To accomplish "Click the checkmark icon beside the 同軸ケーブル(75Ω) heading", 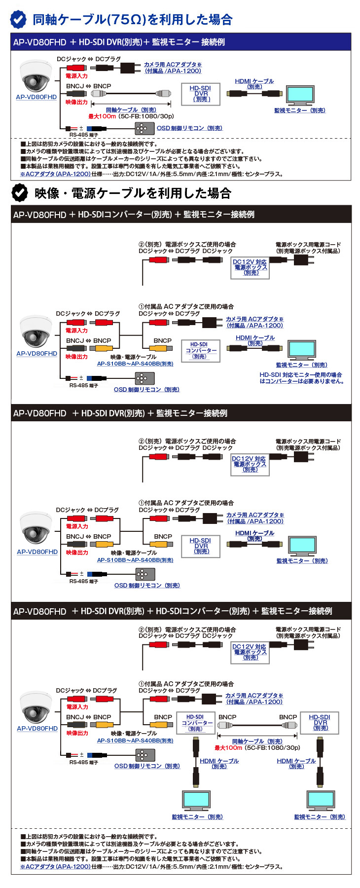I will [x=19, y=19].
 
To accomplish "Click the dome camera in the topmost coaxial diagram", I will [x=36, y=76].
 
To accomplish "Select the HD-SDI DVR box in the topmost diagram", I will [x=201, y=94].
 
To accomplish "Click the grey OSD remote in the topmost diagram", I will [x=142, y=128].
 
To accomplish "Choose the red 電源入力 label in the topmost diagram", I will [x=76, y=76].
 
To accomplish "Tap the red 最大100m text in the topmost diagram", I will [x=102, y=116].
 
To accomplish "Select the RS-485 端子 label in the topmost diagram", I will [x=83, y=135].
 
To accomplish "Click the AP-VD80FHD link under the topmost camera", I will [x=36, y=97].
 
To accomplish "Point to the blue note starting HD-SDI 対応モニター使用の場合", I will [x=301, y=378].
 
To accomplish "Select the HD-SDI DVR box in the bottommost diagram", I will [x=320, y=722].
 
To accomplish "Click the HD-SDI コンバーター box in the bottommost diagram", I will [x=196, y=722].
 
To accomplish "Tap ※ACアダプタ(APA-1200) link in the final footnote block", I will [x=55, y=866].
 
